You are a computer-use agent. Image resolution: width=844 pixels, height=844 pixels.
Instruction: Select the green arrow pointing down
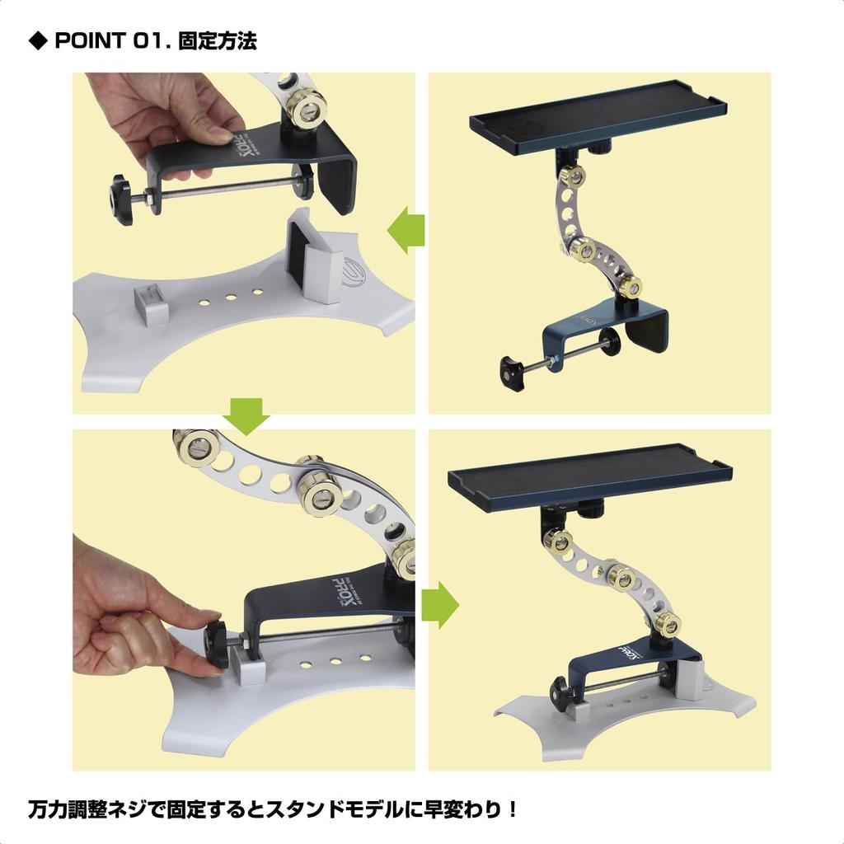246,415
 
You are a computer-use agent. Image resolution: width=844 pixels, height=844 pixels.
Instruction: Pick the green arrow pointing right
439,605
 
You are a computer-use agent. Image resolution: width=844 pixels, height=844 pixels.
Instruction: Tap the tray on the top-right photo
597,119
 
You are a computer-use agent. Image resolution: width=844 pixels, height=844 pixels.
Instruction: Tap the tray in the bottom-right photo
588,475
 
